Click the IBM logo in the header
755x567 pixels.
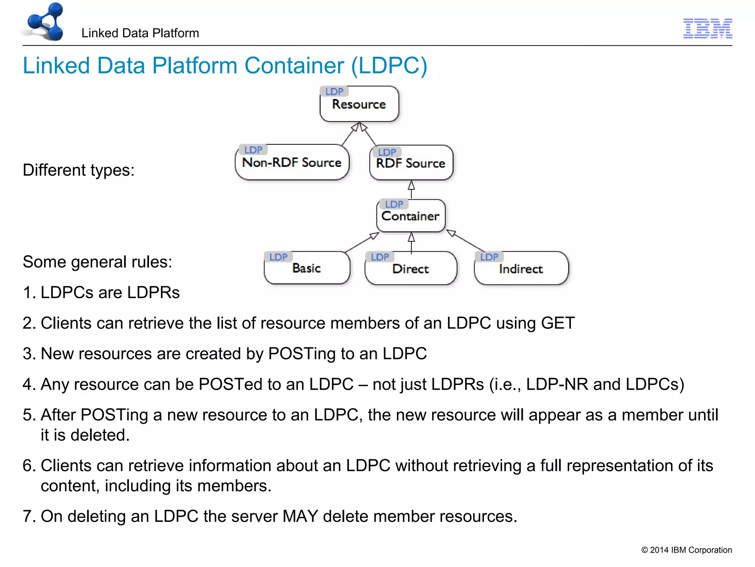point(707,28)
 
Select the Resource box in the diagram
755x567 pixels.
point(359,104)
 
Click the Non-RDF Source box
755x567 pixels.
point(292,163)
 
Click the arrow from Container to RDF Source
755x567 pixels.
point(411,189)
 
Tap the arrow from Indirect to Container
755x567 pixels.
point(466,241)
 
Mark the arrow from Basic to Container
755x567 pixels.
point(362,243)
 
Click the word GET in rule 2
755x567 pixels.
point(557,323)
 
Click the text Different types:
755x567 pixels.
point(79,171)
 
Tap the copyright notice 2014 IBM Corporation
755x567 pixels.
point(686,550)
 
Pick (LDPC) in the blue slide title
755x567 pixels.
point(389,66)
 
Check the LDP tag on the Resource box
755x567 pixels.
point(334,92)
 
